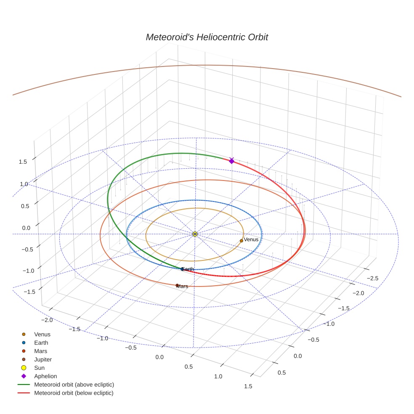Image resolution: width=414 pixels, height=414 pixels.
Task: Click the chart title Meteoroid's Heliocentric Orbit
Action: click(207, 37)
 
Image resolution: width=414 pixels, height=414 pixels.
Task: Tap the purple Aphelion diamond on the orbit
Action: click(231, 161)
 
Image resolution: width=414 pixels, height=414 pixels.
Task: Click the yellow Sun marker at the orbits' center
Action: click(195, 234)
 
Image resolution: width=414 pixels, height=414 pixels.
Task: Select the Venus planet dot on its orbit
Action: click(241, 241)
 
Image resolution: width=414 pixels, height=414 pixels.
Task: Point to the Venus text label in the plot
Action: click(251, 240)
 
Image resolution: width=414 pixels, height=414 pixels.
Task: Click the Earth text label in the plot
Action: click(188, 269)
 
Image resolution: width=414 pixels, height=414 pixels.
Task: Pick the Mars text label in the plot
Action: click(183, 287)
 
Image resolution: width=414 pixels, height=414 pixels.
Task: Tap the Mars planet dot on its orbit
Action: click(177, 285)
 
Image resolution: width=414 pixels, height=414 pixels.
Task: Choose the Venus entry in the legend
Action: click(42, 334)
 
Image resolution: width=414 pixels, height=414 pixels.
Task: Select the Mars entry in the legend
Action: click(41, 351)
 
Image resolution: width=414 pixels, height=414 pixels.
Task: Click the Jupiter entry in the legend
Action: click(43, 359)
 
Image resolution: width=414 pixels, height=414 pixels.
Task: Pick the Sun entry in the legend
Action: click(39, 368)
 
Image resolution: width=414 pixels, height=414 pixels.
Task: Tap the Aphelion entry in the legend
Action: click(45, 376)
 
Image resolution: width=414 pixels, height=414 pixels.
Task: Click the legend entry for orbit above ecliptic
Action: click(74, 385)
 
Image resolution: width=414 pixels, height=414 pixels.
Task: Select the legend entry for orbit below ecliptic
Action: click(74, 393)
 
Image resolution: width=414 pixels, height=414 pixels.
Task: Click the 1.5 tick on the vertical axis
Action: click(23, 162)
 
